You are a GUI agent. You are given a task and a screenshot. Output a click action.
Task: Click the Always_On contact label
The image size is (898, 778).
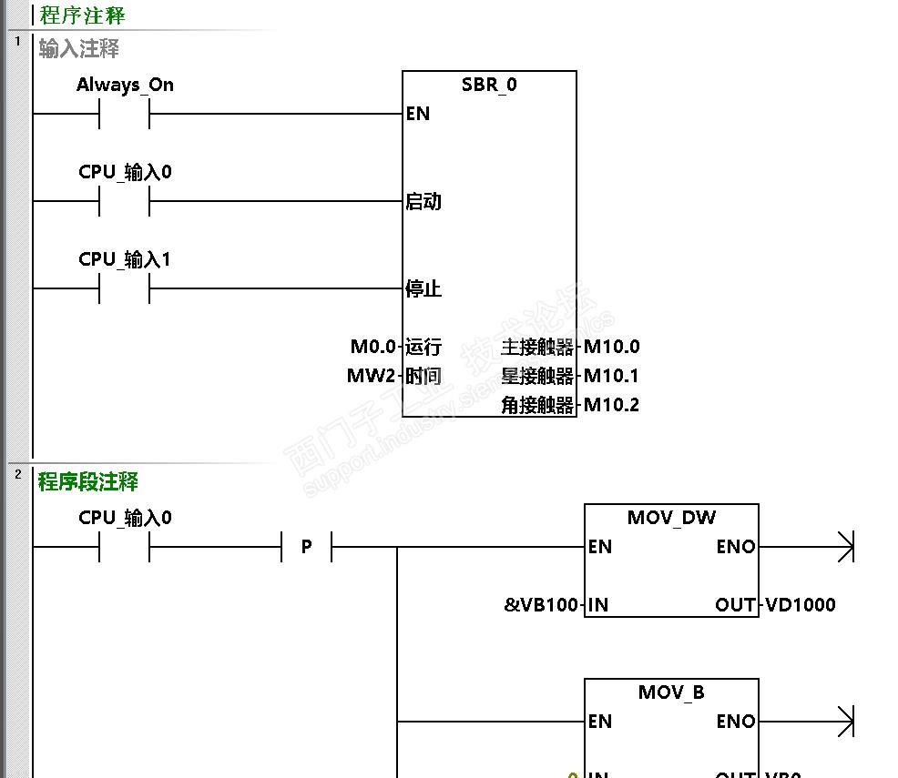coord(125,85)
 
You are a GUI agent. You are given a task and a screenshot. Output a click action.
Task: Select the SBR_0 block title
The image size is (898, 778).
coord(489,85)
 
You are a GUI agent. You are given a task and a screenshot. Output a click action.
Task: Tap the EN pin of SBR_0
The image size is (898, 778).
coord(418,114)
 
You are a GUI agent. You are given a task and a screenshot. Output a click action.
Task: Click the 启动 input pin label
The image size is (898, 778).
coord(423,201)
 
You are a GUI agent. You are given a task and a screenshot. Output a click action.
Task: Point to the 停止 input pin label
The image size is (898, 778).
coord(423,288)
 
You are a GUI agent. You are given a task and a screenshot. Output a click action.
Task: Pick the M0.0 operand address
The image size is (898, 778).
coord(373,347)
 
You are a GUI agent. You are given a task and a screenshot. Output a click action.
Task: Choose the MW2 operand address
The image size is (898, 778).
coord(372,376)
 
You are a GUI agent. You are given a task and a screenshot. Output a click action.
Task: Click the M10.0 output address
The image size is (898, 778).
coord(612,347)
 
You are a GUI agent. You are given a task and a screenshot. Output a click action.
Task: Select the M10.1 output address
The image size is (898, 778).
coord(612,376)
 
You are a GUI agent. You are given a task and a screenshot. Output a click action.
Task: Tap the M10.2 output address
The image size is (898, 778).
coord(612,405)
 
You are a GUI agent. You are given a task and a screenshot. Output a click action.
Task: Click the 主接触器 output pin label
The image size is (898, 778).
coord(538,347)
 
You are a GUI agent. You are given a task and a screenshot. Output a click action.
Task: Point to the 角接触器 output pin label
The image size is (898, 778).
coord(538,405)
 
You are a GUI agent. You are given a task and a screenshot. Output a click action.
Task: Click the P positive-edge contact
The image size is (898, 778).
coord(307,547)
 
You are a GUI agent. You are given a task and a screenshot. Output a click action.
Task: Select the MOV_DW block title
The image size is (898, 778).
coord(671,518)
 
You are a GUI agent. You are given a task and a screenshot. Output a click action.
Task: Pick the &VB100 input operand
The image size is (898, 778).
coord(541,604)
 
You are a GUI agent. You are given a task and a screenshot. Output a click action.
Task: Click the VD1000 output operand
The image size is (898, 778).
coord(801,604)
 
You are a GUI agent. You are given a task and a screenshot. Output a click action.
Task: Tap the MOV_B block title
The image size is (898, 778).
coord(671,692)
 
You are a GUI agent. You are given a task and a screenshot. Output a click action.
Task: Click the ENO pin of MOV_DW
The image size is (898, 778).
coord(736,547)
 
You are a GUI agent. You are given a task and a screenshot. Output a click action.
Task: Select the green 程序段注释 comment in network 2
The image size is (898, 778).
coord(88,481)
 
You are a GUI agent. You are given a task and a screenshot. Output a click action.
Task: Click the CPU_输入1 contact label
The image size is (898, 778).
coord(125,259)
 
